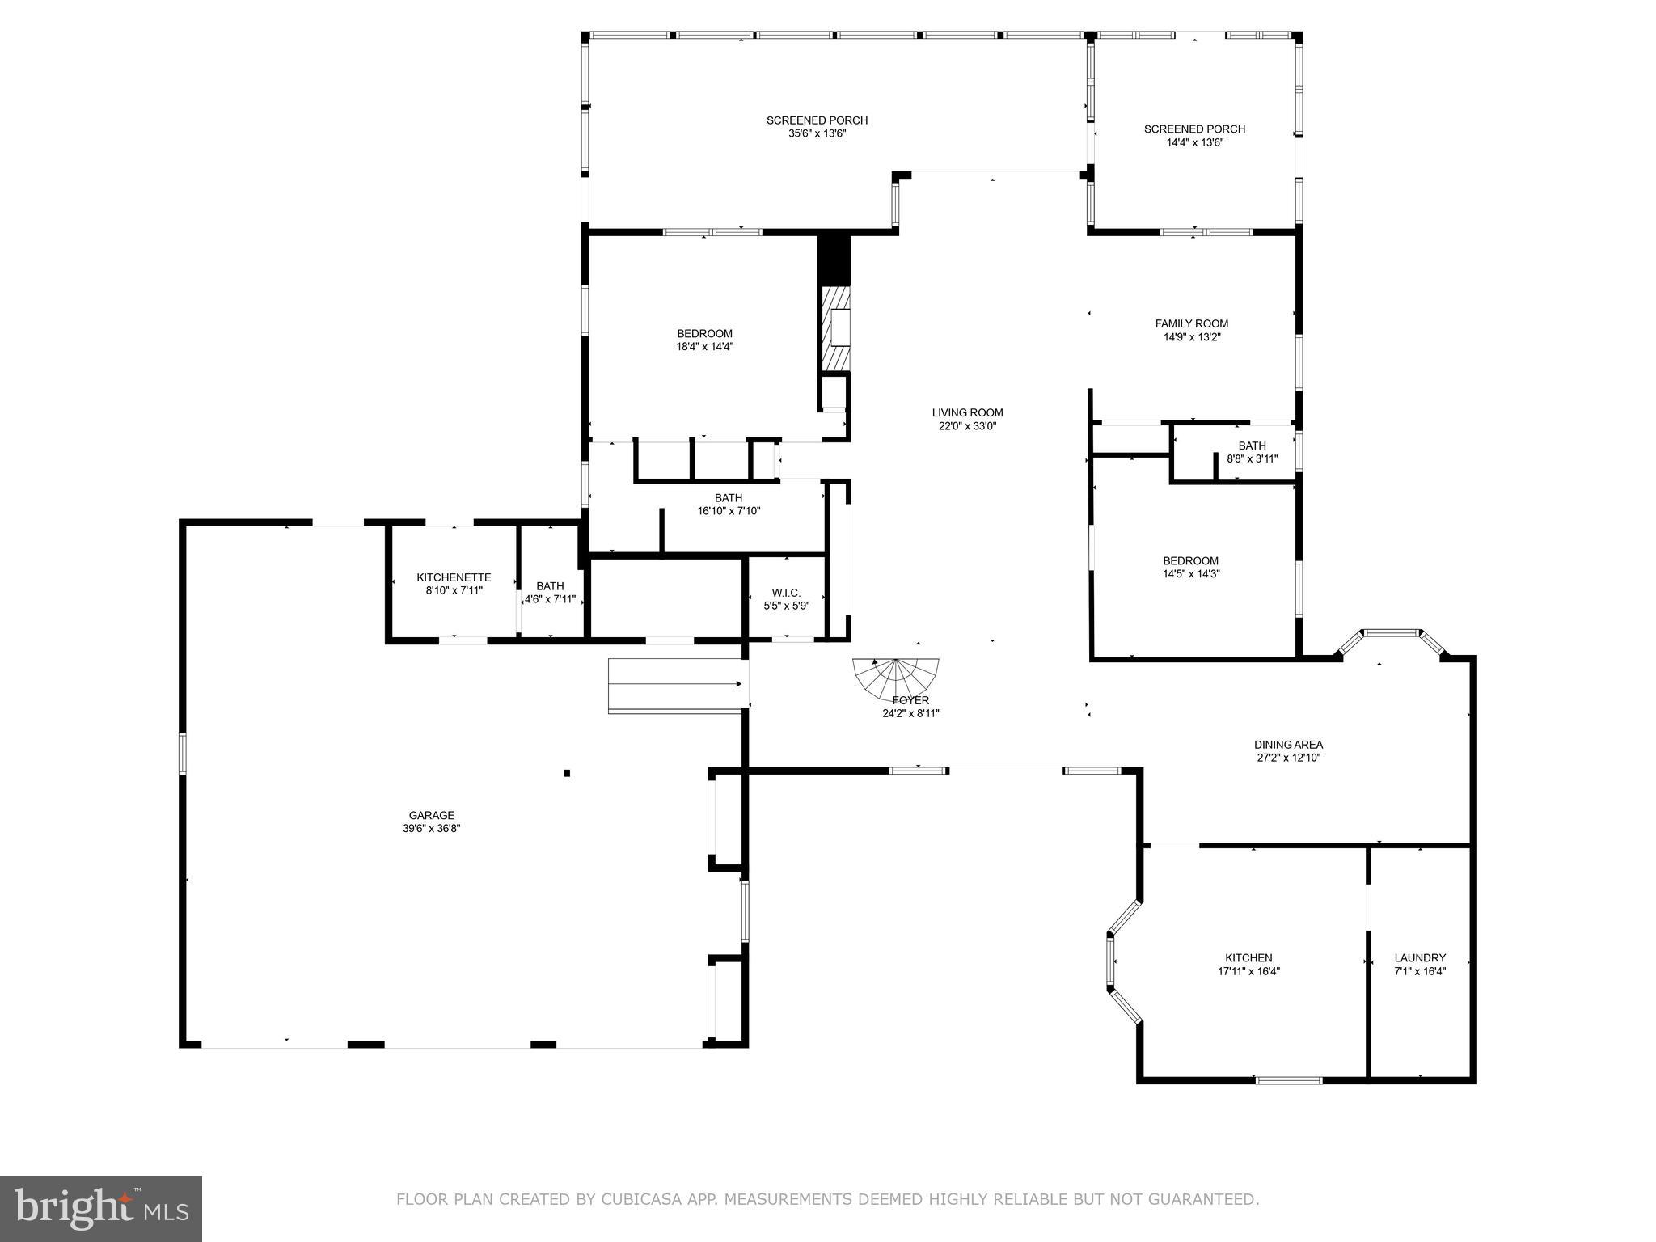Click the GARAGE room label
point(431,815)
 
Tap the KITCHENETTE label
point(454,577)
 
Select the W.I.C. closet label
point(786,593)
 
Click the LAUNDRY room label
point(1420,957)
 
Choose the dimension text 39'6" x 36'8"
point(431,829)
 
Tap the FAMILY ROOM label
point(1191,323)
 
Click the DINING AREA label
point(1288,745)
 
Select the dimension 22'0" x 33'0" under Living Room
point(967,426)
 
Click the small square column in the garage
point(567,773)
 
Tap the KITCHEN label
point(1248,957)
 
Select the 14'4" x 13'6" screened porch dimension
point(1194,142)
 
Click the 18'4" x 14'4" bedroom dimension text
point(704,347)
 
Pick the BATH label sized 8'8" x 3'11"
point(1252,446)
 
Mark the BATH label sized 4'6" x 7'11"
point(550,586)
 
